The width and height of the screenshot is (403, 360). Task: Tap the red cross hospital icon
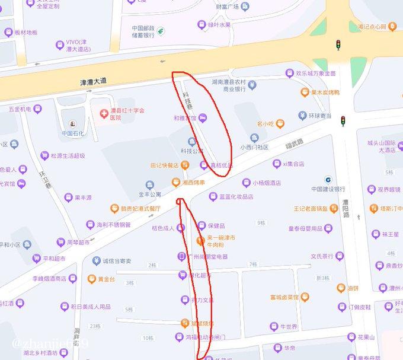(104, 111)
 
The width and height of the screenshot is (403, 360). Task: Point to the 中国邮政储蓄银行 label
(143, 31)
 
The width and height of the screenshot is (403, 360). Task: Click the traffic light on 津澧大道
(338, 44)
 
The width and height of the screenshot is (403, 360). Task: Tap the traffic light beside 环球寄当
(342, 121)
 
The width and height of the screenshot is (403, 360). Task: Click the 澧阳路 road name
(346, 209)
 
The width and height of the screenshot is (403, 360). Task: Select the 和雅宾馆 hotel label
(185, 118)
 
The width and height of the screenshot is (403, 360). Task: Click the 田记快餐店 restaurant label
(165, 165)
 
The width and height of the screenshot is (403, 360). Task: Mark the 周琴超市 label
(78, 242)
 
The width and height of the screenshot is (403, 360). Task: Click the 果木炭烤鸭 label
(325, 93)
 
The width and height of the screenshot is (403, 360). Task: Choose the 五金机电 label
(21, 109)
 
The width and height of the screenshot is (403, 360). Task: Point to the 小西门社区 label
(254, 147)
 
